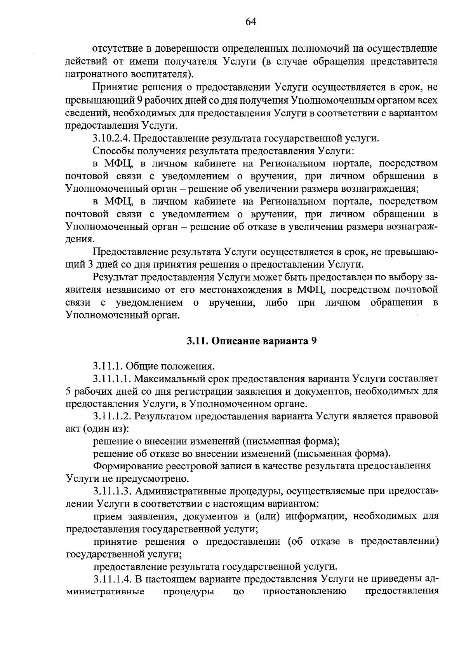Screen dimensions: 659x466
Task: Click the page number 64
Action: pyautogui.click(x=251, y=22)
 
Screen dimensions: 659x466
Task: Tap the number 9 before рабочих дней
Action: pyautogui.click(x=140, y=100)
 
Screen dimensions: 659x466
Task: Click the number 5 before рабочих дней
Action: pyautogui.click(x=69, y=391)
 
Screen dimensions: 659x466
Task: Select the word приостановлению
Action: pyautogui.click(x=304, y=592)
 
